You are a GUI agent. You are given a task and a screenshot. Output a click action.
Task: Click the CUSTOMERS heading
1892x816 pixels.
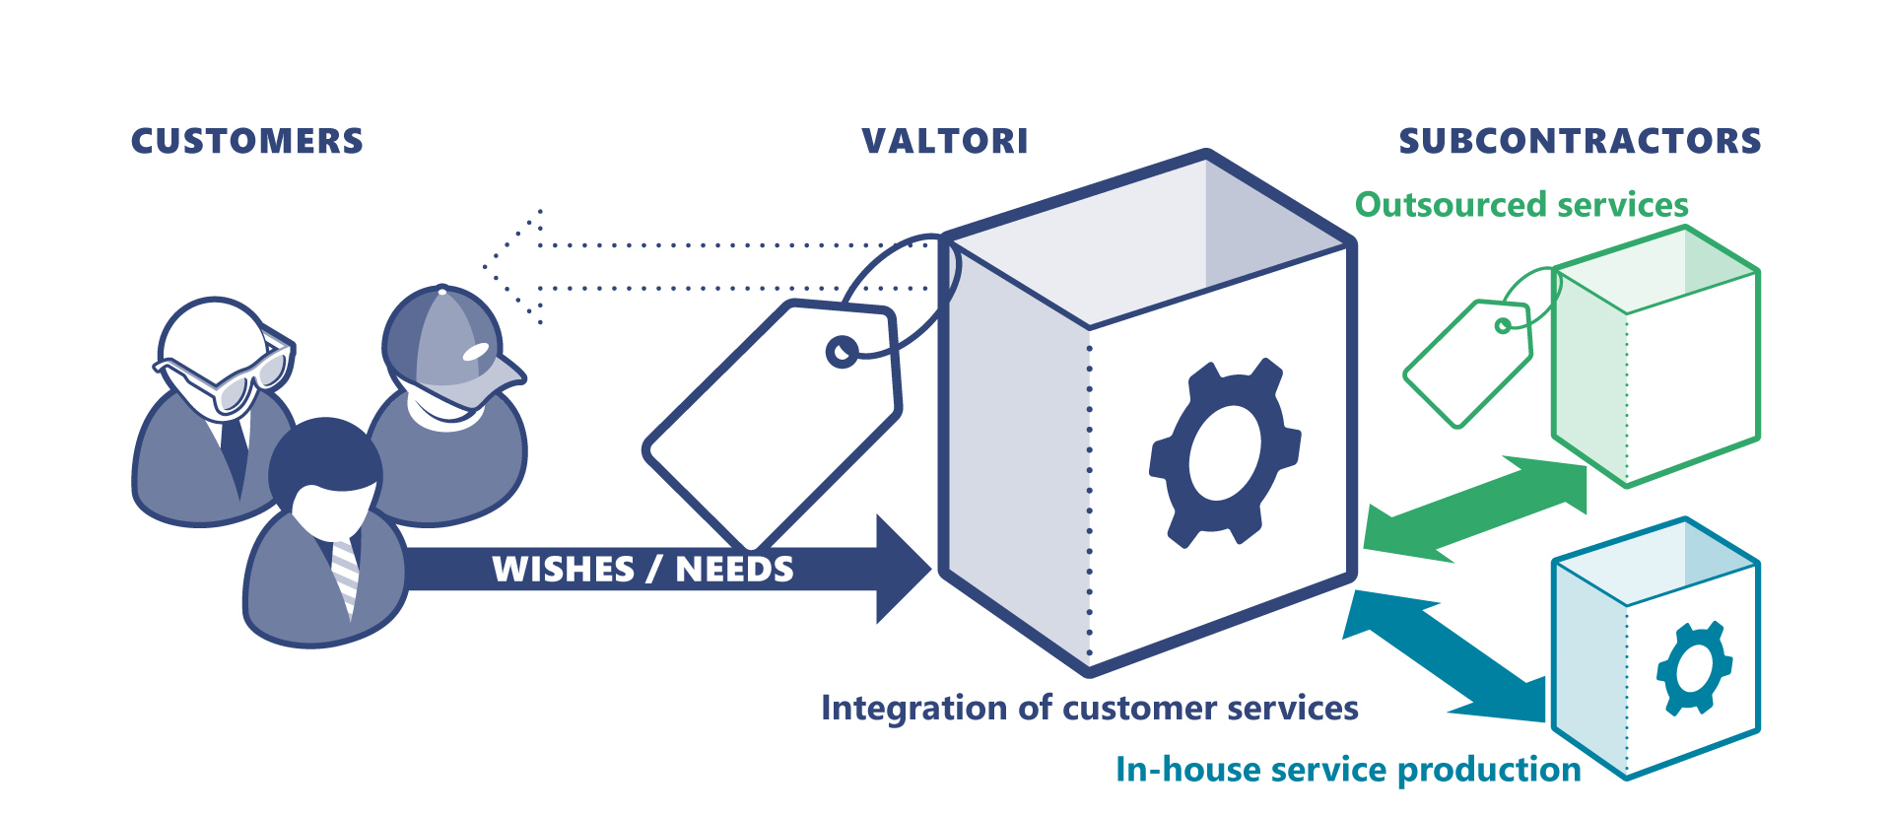point(247,141)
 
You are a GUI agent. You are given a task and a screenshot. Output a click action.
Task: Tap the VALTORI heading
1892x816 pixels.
point(945,141)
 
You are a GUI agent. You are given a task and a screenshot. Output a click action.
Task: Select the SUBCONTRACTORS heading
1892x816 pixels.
point(1580,141)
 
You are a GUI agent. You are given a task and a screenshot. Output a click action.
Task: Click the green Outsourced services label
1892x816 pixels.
point(1521,205)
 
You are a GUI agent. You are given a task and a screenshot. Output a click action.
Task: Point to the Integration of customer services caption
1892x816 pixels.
point(1089,708)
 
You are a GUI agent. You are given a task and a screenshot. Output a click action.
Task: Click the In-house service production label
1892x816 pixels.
point(1348,769)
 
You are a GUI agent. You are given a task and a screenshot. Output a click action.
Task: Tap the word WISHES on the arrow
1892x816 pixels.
point(563,570)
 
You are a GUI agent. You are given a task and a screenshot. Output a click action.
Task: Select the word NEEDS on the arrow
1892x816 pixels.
point(734,570)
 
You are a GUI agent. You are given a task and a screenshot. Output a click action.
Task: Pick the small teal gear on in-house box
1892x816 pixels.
point(1694,667)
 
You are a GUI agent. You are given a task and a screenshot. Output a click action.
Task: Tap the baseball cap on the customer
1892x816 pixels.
point(448,345)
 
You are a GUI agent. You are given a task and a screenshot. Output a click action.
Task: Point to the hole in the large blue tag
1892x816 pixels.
point(843,352)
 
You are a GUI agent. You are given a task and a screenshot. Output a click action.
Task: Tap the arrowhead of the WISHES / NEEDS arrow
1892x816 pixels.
point(902,569)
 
